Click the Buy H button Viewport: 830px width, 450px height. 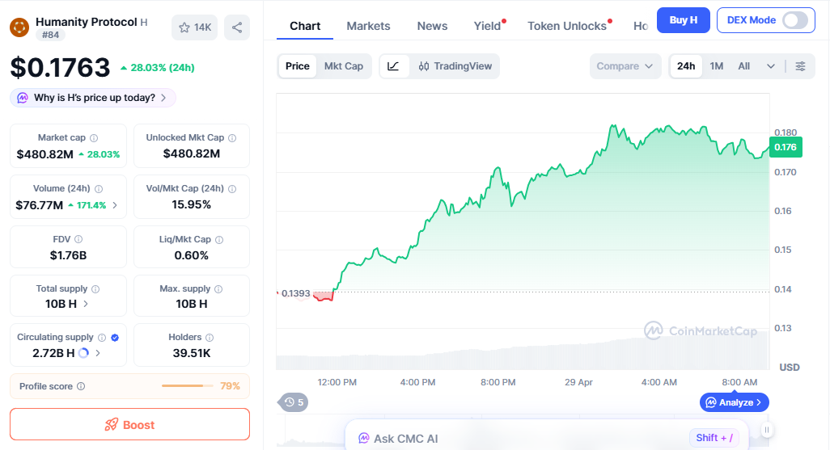[x=683, y=20]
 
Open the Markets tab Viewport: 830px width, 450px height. [x=368, y=26]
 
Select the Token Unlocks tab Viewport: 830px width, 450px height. [x=566, y=26]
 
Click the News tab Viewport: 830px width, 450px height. [x=432, y=26]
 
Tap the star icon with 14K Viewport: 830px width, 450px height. [x=194, y=27]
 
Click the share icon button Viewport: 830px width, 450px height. [x=237, y=27]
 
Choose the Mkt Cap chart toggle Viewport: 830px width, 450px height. [x=344, y=66]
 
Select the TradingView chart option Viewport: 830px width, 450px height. [x=455, y=66]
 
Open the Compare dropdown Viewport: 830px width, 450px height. [x=625, y=66]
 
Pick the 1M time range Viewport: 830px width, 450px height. [x=716, y=66]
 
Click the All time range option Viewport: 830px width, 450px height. [x=743, y=66]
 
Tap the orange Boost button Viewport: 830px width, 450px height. [x=129, y=424]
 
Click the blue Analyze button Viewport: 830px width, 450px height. [x=734, y=402]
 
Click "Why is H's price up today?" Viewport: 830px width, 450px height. [x=93, y=98]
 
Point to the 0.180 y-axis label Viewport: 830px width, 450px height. [x=786, y=132]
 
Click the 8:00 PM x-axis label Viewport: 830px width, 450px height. [x=498, y=382]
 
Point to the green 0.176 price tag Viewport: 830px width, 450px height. [x=786, y=147]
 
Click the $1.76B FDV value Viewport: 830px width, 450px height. [x=68, y=255]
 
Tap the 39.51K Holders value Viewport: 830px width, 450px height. [x=192, y=352]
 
